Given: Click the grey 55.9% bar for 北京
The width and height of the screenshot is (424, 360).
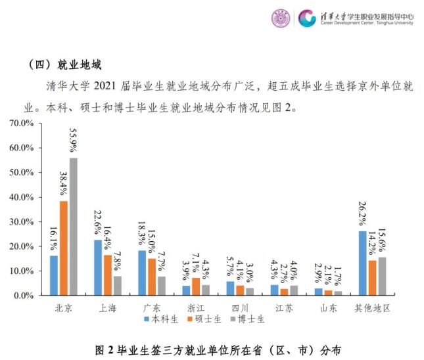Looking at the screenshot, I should pyautogui.click(x=73, y=227).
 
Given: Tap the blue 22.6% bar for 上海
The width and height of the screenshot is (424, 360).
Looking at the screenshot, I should pyautogui.click(x=98, y=267).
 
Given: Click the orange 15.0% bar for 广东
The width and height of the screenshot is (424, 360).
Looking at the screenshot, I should pyautogui.click(x=152, y=277).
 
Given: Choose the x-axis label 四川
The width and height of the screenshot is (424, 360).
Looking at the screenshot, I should pyautogui.click(x=241, y=307).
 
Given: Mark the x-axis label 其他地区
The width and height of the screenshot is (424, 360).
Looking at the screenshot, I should pyautogui.click(x=373, y=307).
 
